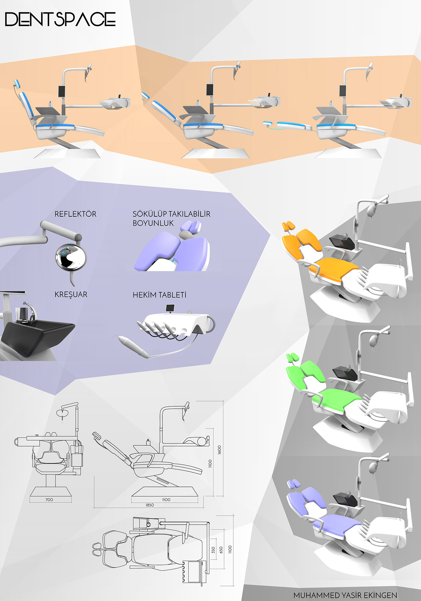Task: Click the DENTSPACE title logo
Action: (60, 19)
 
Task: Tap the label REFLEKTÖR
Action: (75, 214)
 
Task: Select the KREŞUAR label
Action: (71, 294)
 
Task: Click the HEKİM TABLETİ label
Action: (159, 295)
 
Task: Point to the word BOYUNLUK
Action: (153, 223)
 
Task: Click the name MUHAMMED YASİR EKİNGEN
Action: (345, 595)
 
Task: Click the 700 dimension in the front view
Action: (49, 500)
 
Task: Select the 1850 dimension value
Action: (150, 505)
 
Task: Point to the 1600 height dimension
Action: (219, 450)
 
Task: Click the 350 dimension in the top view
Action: (213, 550)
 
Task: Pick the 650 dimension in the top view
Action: (221, 550)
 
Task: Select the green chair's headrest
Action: (292, 357)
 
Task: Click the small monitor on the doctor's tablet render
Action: (170, 308)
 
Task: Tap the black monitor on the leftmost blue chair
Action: (62, 91)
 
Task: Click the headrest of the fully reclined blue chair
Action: (268, 123)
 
